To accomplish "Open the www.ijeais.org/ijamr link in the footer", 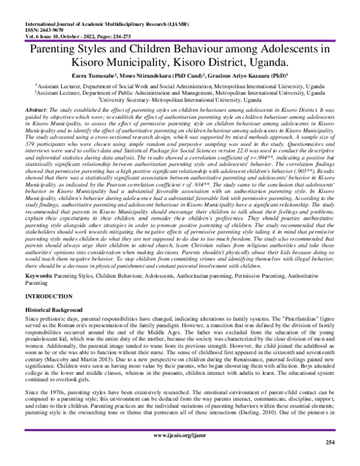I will point(180,451).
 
